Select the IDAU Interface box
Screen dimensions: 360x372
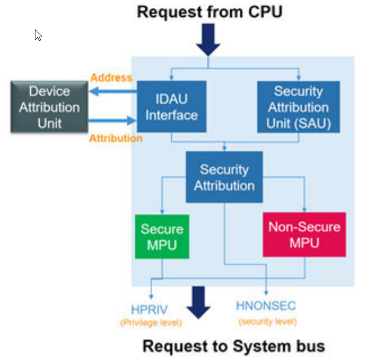[x=171, y=106]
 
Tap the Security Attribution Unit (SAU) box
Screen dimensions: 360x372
[x=298, y=107]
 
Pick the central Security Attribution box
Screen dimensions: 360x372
[x=224, y=177]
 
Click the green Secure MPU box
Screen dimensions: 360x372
[x=162, y=237]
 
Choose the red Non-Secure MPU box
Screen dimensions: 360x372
[x=304, y=234]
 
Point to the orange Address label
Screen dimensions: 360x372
[x=111, y=78]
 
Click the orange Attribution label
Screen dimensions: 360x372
[x=115, y=138]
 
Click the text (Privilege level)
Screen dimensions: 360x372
[x=151, y=323]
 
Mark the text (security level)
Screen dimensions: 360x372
[x=268, y=322]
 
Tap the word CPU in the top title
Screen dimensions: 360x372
[x=261, y=11]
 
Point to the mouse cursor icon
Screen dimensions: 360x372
[x=38, y=35]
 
